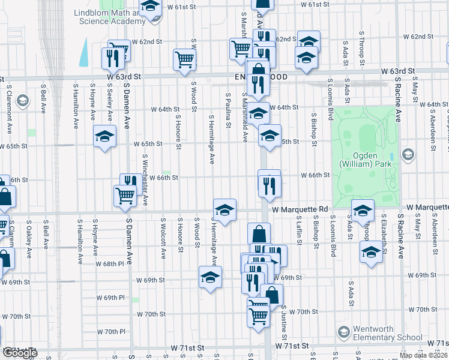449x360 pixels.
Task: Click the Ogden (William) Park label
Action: tap(365, 158)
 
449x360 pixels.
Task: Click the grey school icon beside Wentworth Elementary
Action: tap(343, 332)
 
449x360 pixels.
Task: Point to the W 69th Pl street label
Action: tap(114, 298)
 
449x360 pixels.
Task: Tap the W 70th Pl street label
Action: tap(114, 332)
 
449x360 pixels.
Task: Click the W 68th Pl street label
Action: tap(114, 263)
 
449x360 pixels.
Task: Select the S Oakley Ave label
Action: tap(29, 237)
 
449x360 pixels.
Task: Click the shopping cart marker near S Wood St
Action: tap(184, 59)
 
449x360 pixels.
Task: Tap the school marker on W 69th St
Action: tap(210, 277)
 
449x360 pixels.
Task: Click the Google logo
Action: tap(20, 353)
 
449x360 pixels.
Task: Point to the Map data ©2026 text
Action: tap(423, 355)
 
